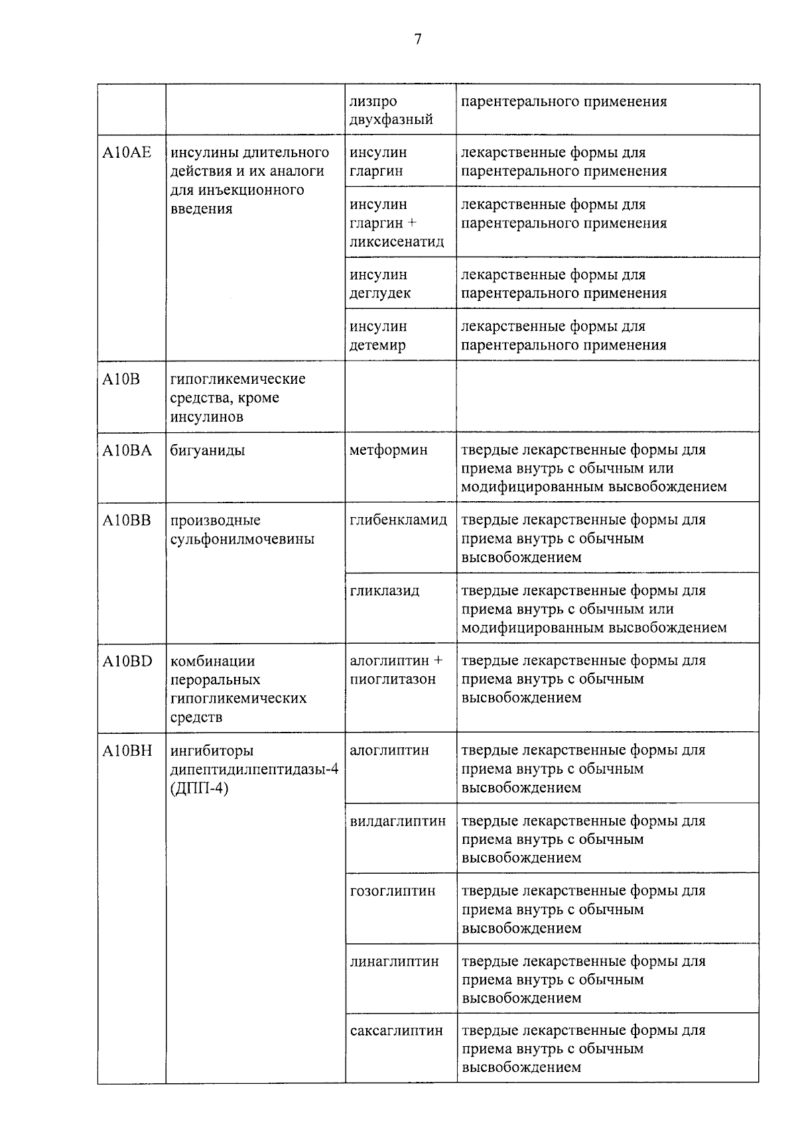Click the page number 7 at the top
(x=417, y=40)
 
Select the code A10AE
(x=127, y=153)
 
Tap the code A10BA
(x=127, y=451)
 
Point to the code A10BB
(x=127, y=520)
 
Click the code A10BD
(x=127, y=661)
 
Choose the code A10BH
(x=127, y=751)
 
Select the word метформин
(x=389, y=451)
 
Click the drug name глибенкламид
(x=399, y=520)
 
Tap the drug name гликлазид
(x=385, y=591)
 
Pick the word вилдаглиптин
(x=398, y=821)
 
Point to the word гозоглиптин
(x=393, y=891)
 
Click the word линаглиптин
(x=394, y=961)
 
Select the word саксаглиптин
(x=397, y=1032)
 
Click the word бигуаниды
(x=208, y=451)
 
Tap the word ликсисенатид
(x=397, y=242)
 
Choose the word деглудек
(x=380, y=294)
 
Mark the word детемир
(x=377, y=345)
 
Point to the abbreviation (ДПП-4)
(x=199, y=789)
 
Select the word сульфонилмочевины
(x=242, y=540)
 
